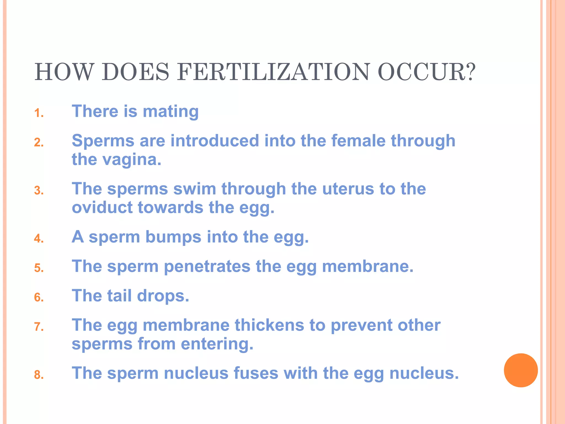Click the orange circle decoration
(x=521, y=370)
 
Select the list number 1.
(x=39, y=113)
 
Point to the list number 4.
(x=39, y=239)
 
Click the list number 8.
(x=39, y=375)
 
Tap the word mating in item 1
(x=170, y=112)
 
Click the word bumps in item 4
(x=173, y=237)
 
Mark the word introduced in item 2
(x=215, y=141)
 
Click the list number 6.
(x=39, y=297)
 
